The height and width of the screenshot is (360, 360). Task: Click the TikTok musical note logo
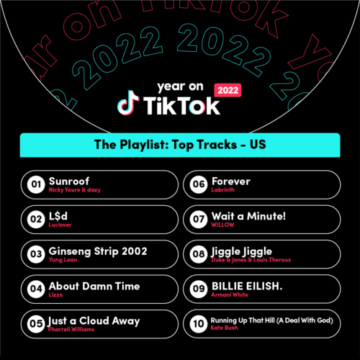pos(128,103)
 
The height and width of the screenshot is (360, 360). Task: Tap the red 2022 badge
pos(228,90)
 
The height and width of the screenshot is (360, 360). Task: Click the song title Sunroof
pos(69,181)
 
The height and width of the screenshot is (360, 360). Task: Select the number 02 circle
pos(36,219)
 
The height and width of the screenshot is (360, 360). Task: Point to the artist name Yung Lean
pos(63,260)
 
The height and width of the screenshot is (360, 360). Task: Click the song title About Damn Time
pos(94,286)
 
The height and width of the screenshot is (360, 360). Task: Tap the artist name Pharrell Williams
pos(71,329)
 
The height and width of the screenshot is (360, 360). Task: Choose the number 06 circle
pos(199,184)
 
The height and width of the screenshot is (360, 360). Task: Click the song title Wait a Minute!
pos(248,216)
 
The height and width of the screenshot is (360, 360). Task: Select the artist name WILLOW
pos(222,225)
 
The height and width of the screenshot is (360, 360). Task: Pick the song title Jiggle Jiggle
pos(241,252)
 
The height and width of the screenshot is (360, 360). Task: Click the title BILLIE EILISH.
pos(247,286)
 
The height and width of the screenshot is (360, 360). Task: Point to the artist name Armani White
pos(230,294)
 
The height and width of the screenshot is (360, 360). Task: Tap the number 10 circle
pos(199,324)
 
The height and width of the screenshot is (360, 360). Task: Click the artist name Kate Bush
pos(224,328)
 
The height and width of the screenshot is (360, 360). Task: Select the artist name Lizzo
pos(55,294)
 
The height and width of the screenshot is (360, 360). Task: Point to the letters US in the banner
pos(258,145)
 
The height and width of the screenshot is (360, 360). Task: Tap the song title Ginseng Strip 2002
pos(98,251)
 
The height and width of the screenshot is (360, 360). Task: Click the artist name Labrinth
pos(222,190)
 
